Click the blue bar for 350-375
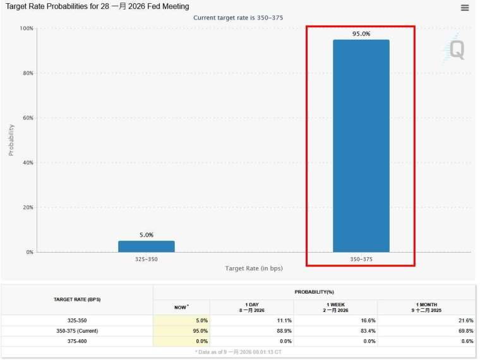[x=361, y=146]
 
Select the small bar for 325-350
[x=146, y=246]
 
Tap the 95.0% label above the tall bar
[x=361, y=33]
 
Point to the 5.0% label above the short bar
[x=146, y=235]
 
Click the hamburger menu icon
[x=465, y=8]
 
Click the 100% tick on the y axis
[x=27, y=28]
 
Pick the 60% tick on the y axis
[x=27, y=118]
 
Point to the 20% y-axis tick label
[x=27, y=207]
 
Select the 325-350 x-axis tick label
[x=146, y=259]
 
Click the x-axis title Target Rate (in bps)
[x=254, y=268]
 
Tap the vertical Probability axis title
[x=11, y=140]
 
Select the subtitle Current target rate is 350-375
[x=237, y=18]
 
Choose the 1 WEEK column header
[x=335, y=307]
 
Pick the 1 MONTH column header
[x=426, y=307]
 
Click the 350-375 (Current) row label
[x=77, y=330]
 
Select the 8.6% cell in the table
[x=467, y=340]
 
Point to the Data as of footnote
[x=237, y=351]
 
